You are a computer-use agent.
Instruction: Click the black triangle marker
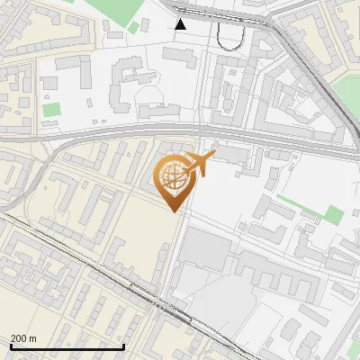(x=181, y=24)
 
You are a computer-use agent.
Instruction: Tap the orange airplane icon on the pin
(x=199, y=165)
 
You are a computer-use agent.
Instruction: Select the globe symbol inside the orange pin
(x=174, y=176)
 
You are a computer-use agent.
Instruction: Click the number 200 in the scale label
(x=19, y=338)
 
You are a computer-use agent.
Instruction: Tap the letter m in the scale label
(x=34, y=338)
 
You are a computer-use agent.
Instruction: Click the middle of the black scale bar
(x=67, y=346)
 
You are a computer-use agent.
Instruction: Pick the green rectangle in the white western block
(x=51, y=110)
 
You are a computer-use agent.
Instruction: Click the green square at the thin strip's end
(x=334, y=215)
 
